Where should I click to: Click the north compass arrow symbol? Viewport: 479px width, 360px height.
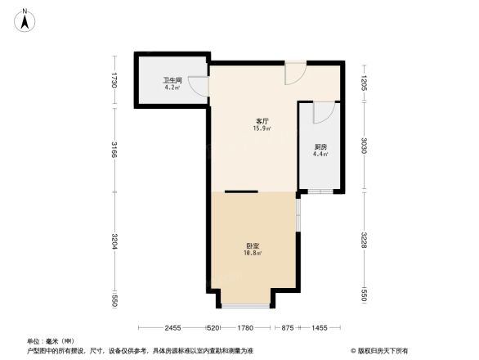[x=26, y=19]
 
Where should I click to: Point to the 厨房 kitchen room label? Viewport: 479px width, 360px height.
[x=320, y=150]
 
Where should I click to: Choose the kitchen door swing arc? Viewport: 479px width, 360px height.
[x=324, y=111]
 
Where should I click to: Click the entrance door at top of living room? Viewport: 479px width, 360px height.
[x=294, y=73]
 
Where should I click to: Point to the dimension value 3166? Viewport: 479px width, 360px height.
[x=115, y=152]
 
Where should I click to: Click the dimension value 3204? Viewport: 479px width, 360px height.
[x=115, y=245]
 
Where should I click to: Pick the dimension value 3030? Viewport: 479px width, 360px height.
[x=365, y=146]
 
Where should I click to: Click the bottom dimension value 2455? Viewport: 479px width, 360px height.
[x=170, y=328]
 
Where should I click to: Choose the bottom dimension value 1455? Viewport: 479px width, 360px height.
[x=319, y=328]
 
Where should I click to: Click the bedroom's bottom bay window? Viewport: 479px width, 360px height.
[x=245, y=305]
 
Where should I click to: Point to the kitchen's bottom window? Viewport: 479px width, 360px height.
[x=320, y=191]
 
